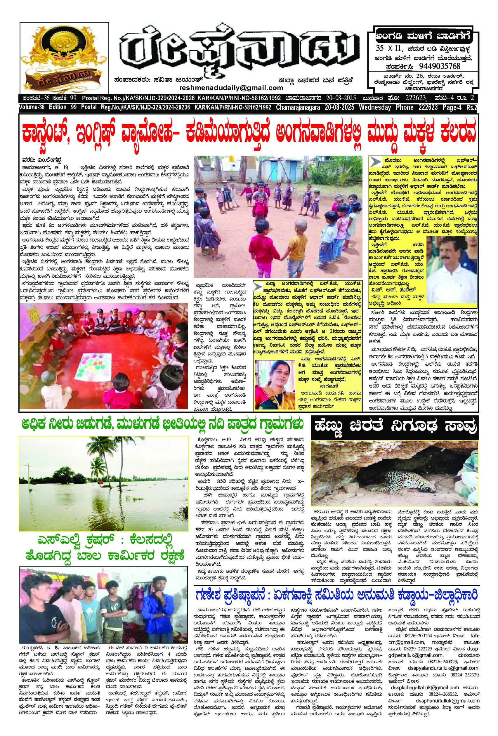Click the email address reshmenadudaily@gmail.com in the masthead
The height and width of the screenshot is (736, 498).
tap(231, 88)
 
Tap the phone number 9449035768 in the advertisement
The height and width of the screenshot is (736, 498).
tap(439, 67)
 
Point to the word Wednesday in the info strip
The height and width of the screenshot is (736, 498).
tap(375, 108)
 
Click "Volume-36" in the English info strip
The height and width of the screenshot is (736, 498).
tap(32, 108)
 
